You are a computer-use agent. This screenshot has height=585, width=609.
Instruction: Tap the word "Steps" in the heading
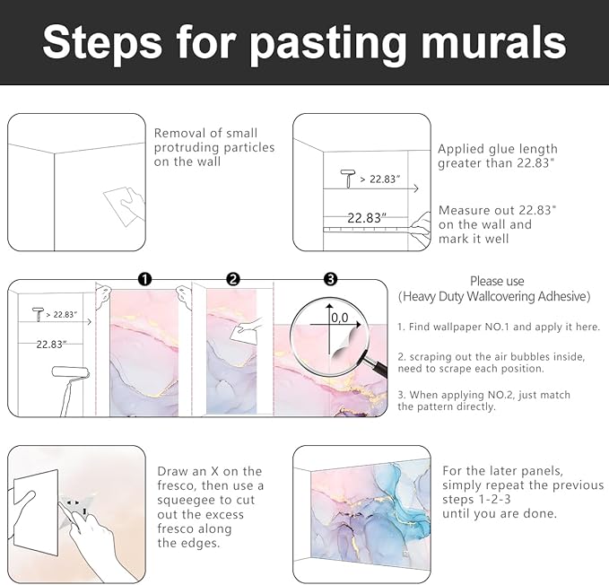[x=102, y=43]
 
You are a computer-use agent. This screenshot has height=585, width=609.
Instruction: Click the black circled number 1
[x=144, y=279]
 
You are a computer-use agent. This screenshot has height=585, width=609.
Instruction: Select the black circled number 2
[x=233, y=279]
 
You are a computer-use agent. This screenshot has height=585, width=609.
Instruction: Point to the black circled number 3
[x=331, y=279]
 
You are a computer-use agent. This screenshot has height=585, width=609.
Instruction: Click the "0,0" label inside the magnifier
[x=340, y=319]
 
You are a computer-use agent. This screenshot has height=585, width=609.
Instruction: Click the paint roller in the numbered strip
[x=71, y=389]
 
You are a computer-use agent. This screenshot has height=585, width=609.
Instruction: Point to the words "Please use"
[x=497, y=281]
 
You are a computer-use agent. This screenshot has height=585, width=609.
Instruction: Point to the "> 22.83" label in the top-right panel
[x=380, y=179]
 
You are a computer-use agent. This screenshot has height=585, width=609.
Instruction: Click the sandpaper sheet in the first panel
[x=122, y=205]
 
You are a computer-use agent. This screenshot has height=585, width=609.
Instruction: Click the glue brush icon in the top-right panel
[x=348, y=179]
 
